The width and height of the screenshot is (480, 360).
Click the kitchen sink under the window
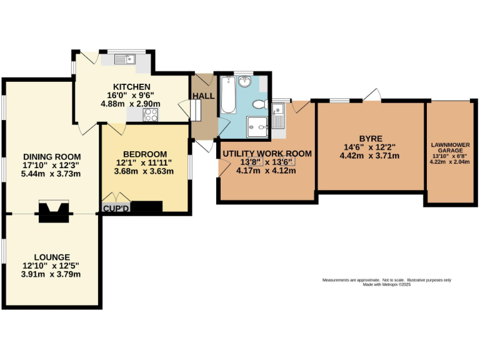click(126, 61)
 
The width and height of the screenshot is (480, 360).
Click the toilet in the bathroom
click(261, 104)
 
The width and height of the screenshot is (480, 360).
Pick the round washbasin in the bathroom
click(244, 81)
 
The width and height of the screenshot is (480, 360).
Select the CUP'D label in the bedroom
click(115, 207)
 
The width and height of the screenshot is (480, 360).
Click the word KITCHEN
click(131, 87)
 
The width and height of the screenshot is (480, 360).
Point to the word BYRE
click(370, 138)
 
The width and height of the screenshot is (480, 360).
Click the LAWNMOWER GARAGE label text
click(449, 148)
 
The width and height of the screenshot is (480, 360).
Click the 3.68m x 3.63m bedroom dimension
click(144, 172)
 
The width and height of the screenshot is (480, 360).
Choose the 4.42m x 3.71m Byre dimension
click(370, 156)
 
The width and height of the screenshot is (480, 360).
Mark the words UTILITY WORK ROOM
click(267, 153)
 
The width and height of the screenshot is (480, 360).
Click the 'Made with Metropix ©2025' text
click(387, 284)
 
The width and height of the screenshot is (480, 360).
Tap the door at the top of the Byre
click(373, 95)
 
